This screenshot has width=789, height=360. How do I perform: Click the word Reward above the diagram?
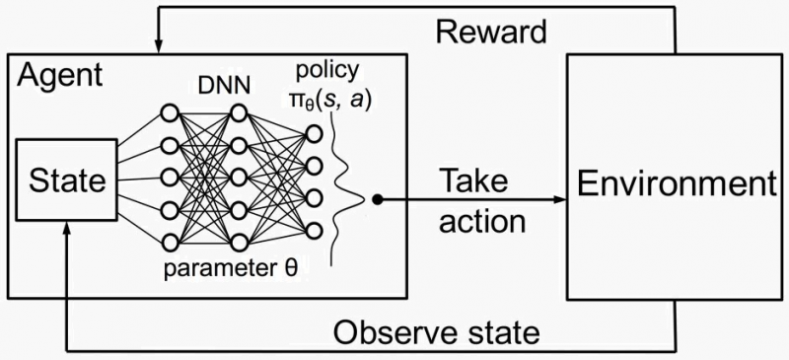(490, 33)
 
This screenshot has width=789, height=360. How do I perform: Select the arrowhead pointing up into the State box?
(65, 229)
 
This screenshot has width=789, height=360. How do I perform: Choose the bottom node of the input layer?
(169, 242)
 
